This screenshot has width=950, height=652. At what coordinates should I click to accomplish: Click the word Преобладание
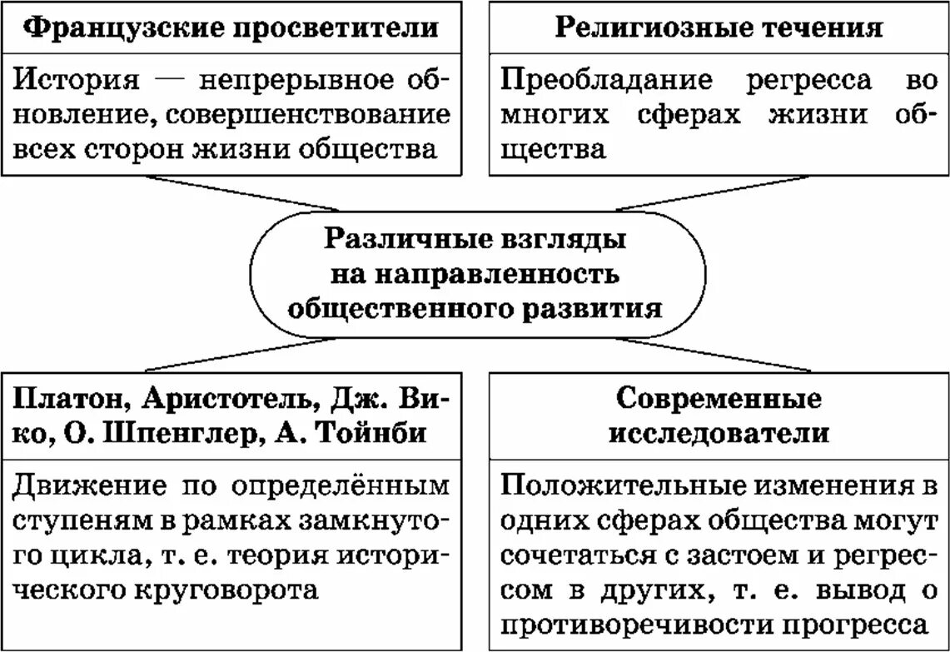pos(608,80)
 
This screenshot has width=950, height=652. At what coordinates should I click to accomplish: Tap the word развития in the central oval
pos(593,308)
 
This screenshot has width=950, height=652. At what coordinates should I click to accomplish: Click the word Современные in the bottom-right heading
pos(719,398)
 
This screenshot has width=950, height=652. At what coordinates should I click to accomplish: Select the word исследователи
pos(719,434)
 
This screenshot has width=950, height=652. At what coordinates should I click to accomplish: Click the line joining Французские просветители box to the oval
pos(241,192)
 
